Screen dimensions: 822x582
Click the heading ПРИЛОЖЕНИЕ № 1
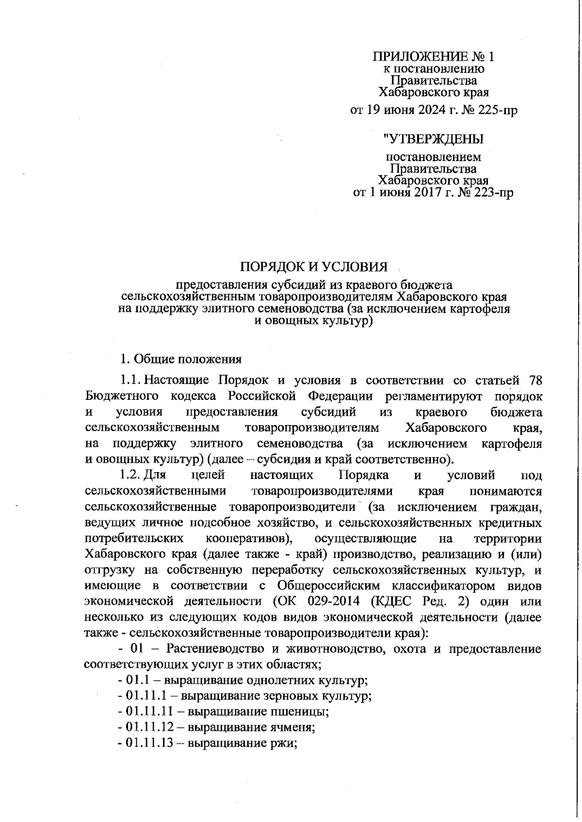[x=433, y=56]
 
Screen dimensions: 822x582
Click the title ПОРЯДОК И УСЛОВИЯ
[x=314, y=267]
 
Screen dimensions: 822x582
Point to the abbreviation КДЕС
[x=391, y=601]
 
